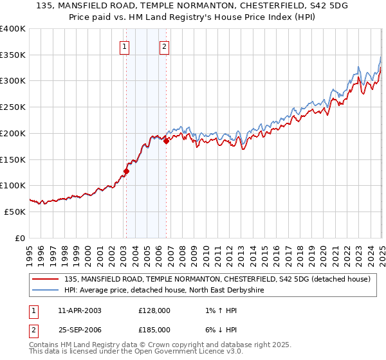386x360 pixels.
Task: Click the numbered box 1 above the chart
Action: pyautogui.click(x=124, y=46)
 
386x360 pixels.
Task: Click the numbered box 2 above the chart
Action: pyautogui.click(x=165, y=46)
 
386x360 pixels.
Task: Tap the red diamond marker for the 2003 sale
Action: pyautogui.click(x=127, y=171)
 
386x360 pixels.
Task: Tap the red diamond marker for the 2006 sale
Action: pyautogui.click(x=166, y=141)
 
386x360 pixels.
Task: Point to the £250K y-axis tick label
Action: pyautogui.click(x=12, y=107)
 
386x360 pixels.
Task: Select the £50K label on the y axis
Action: pyautogui.click(x=15, y=212)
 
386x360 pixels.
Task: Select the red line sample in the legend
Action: pyautogui.click(x=46, y=279)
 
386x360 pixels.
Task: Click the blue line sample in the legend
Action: pyautogui.click(x=46, y=291)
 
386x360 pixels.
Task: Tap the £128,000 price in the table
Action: pyautogui.click(x=154, y=310)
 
